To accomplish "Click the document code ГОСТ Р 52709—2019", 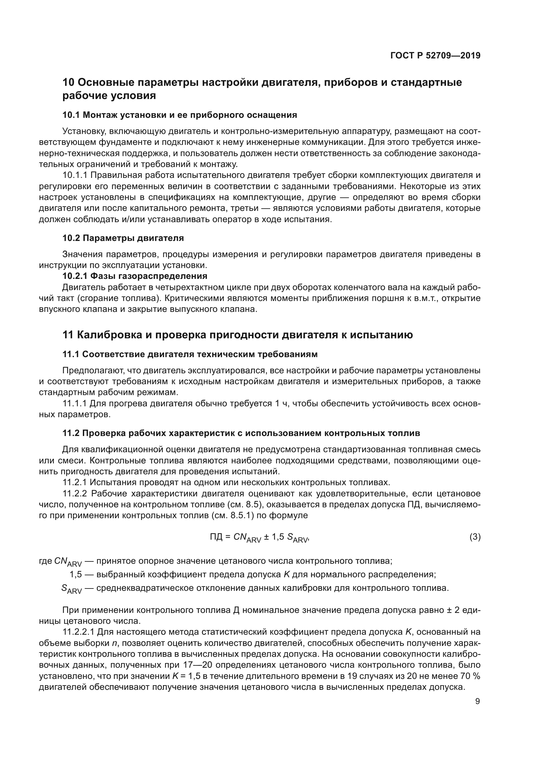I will (x=435, y=55).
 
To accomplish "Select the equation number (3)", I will (x=475, y=537).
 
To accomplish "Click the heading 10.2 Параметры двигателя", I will (x=123, y=238).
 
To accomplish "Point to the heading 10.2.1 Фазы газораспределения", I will (x=135, y=276).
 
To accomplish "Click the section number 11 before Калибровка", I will (x=68, y=335).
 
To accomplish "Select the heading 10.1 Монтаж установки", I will (x=180, y=115).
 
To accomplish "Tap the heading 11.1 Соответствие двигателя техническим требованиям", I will (x=190, y=354).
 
